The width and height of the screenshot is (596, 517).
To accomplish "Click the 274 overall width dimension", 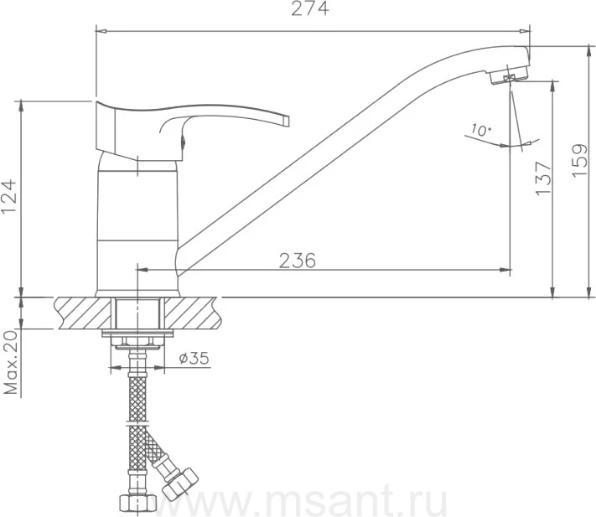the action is pyautogui.click(x=310, y=8).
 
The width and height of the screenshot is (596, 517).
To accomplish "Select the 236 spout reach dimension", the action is pyautogui.click(x=298, y=261).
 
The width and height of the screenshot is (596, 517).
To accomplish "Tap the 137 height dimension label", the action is pyautogui.click(x=543, y=178).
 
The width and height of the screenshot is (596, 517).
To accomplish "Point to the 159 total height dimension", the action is pyautogui.click(x=580, y=160).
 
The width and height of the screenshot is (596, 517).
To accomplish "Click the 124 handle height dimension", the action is pyautogui.click(x=8, y=196).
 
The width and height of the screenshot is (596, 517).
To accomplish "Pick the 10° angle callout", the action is pyautogui.click(x=480, y=130).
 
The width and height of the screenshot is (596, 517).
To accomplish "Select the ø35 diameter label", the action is pyautogui.click(x=194, y=358).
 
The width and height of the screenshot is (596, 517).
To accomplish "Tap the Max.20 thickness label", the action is pyautogui.click(x=11, y=362).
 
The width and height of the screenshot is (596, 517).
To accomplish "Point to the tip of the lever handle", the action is pyautogui.click(x=287, y=120).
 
